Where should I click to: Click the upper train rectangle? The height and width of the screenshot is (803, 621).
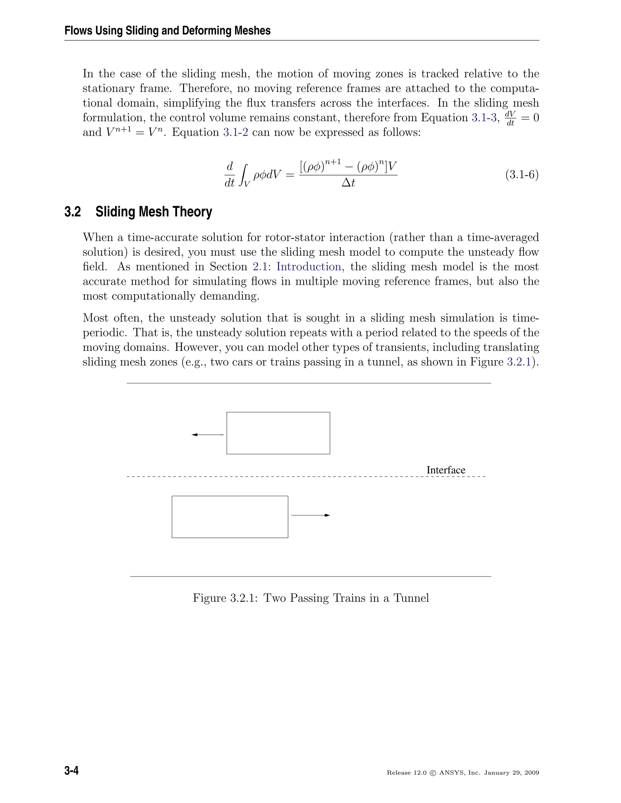[278, 433]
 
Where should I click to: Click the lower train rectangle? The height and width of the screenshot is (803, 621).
[230, 517]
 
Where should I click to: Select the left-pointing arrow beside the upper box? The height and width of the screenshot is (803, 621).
[207, 435]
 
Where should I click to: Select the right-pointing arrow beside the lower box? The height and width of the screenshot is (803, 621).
[310, 515]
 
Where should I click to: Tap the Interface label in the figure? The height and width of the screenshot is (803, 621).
[445, 470]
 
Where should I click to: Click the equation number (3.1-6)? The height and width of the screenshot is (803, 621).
[522, 174]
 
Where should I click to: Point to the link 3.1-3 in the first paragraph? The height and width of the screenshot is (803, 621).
[484, 118]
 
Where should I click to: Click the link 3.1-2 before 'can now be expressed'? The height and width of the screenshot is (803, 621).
[235, 132]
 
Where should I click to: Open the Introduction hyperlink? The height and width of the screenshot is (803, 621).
[308, 267]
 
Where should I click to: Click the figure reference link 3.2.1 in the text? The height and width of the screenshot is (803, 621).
[519, 362]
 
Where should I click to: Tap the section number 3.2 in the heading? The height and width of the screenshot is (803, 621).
[72, 212]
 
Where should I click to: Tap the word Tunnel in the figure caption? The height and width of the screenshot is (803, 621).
[411, 598]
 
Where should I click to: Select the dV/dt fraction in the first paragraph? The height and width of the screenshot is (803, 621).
[510, 118]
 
